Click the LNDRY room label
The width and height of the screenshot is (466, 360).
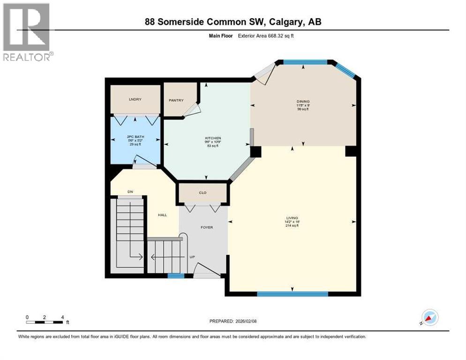pyautogui.click(x=135, y=99)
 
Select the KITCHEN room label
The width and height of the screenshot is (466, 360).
pyautogui.click(x=206, y=138)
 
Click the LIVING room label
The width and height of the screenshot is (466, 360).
pyautogui.click(x=293, y=217)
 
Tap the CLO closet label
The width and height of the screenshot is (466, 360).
pyautogui.click(x=203, y=193)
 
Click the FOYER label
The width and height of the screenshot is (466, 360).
pyautogui.click(x=207, y=227)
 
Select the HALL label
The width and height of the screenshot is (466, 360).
pyautogui.click(x=163, y=215)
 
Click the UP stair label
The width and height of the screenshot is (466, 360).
pyautogui.click(x=192, y=257)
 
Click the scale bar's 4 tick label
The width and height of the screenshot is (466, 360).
pyautogui.click(x=62, y=317)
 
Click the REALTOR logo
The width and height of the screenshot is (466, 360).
pyautogui.click(x=28, y=32)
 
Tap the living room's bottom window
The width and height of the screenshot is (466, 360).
pyautogui.click(x=292, y=294)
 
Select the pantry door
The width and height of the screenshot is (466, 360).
pyautogui.click(x=192, y=110)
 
